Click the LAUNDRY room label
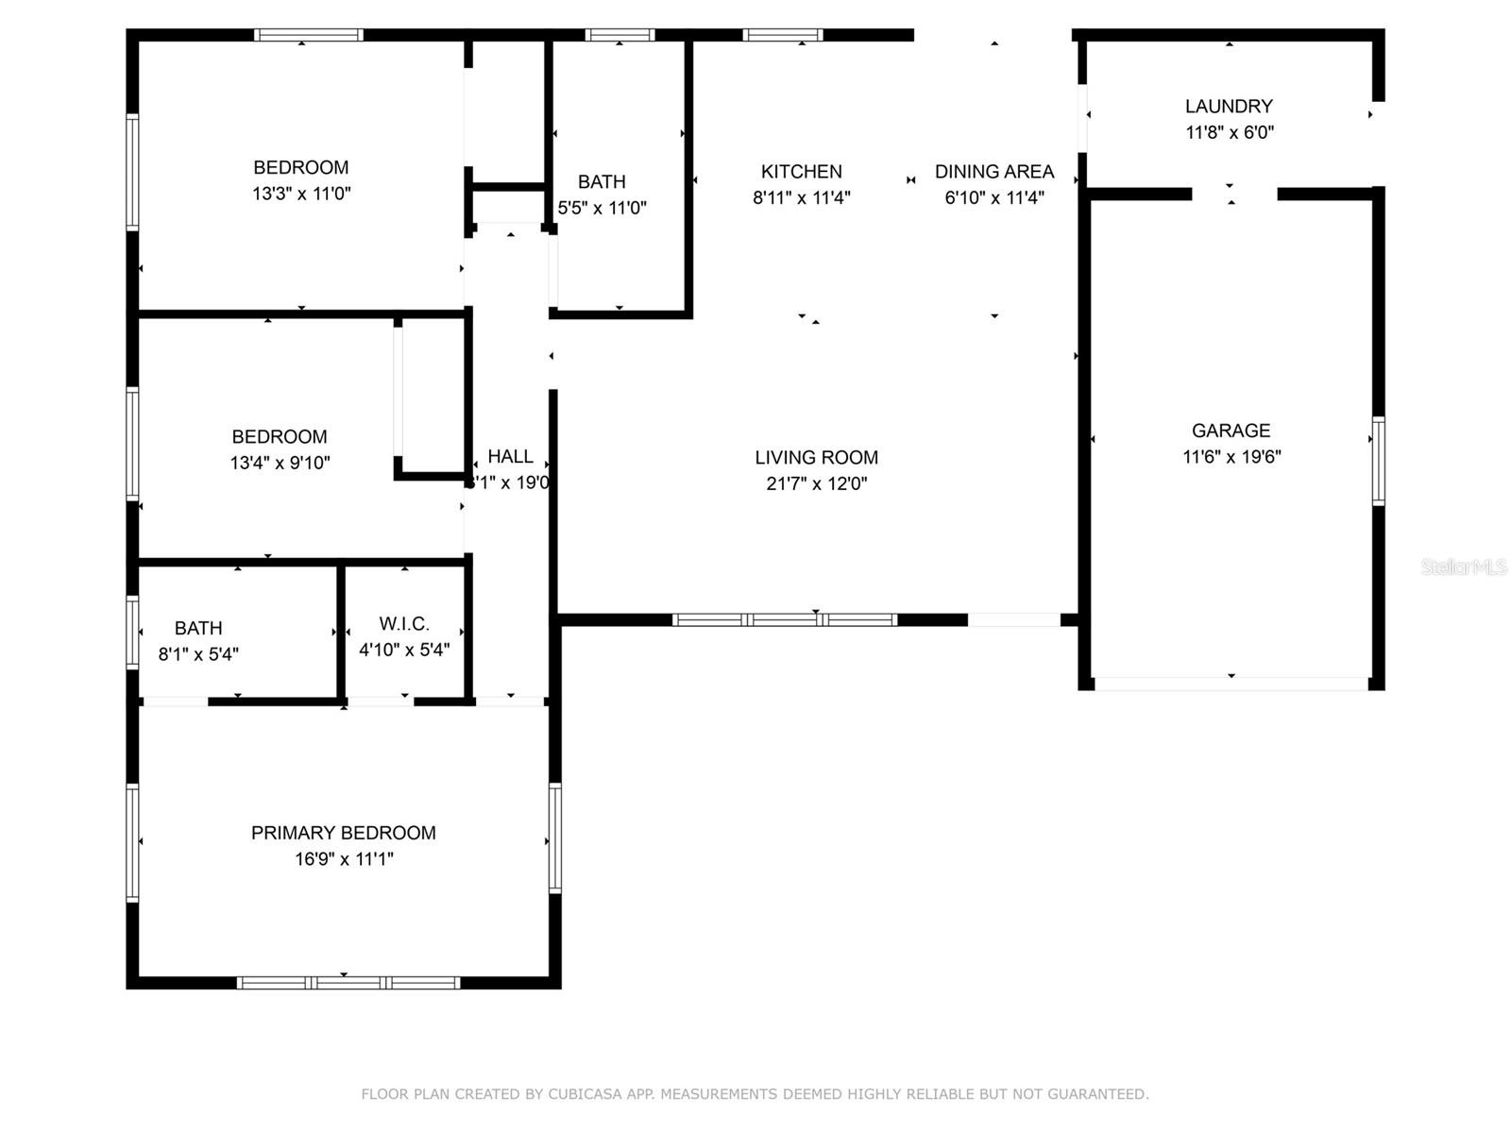(1229, 106)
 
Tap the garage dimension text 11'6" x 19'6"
(1231, 457)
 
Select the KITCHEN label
(801, 171)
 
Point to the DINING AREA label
(993, 171)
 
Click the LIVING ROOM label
(816, 457)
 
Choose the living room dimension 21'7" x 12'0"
(816, 483)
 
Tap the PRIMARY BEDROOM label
(343, 833)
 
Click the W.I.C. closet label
(404, 623)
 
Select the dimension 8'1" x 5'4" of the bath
(198, 653)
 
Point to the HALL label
(510, 456)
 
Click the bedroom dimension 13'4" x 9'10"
(280, 463)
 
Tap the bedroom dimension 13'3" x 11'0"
(301, 194)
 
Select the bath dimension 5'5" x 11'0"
(602, 208)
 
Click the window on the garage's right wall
(1378, 461)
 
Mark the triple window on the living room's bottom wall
(784, 620)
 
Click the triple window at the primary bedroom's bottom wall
(348, 983)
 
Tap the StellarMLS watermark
(1464, 566)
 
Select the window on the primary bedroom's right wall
(554, 838)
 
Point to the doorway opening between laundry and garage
(1234, 194)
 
